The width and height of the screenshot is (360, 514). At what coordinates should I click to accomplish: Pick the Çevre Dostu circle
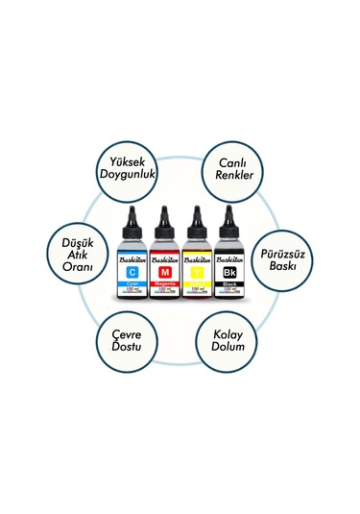[131, 337]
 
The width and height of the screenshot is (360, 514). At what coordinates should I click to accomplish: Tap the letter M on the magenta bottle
[165, 273]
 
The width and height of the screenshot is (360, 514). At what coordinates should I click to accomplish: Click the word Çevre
[131, 329]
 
